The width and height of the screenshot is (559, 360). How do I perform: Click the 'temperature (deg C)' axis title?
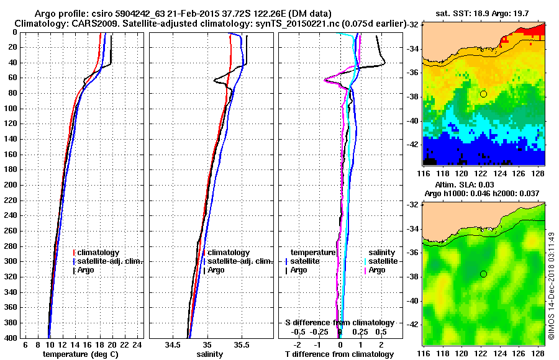point(81,354)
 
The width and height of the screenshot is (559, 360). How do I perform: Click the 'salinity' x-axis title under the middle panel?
point(211,354)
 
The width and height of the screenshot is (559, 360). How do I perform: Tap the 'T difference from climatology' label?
point(339,354)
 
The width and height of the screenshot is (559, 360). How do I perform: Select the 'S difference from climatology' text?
point(339,323)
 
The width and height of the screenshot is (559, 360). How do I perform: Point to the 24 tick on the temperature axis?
point(138,344)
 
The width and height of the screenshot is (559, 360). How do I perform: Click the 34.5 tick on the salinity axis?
point(174,344)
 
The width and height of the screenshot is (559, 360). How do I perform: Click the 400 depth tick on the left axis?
point(10,338)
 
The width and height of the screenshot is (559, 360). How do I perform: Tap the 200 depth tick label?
point(10,185)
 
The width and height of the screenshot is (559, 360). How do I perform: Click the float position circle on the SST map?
point(483,94)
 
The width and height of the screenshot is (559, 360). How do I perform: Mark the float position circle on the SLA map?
point(483,274)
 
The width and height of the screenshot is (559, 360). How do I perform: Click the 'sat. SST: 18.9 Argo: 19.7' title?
point(484,12)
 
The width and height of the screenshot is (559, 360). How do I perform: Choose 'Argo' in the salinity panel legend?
point(217,270)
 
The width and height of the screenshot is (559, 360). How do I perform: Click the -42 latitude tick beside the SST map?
point(412,144)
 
